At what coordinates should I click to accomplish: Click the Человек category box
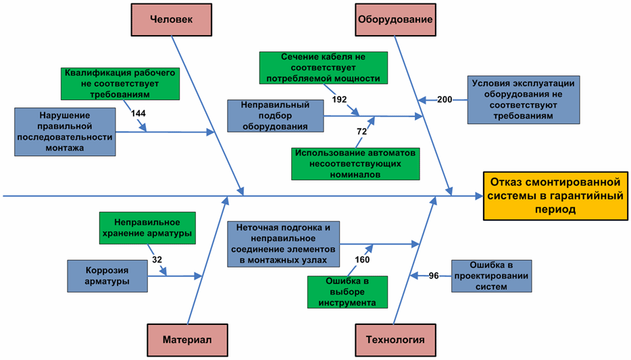click(171, 20)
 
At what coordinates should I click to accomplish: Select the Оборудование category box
click(395, 20)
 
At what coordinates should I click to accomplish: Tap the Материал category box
click(187, 340)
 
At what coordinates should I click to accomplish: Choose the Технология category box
click(395, 340)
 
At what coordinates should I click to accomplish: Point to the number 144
click(138, 113)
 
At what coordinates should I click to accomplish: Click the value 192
click(339, 100)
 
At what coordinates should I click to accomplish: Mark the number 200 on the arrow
click(445, 100)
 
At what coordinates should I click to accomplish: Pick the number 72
click(361, 132)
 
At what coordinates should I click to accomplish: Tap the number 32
click(157, 259)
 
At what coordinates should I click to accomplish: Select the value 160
click(362, 259)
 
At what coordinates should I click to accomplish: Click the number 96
click(434, 276)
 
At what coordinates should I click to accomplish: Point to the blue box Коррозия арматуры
click(107, 276)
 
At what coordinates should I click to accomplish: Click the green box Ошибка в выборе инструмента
click(347, 292)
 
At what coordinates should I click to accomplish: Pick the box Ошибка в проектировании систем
click(491, 276)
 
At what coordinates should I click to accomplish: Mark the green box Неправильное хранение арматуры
click(147, 228)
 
